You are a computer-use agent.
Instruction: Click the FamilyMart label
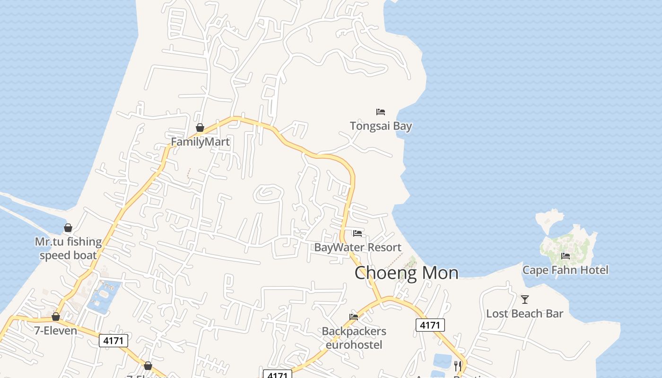pos(200,142)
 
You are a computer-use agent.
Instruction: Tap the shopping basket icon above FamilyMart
pos(200,128)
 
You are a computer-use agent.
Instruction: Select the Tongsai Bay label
pos(381,126)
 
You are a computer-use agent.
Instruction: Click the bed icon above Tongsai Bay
pos(381,112)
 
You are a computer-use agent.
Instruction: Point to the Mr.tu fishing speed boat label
pos(68,249)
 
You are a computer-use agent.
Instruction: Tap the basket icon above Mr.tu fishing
pos(68,228)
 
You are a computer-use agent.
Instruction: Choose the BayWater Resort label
pos(357,247)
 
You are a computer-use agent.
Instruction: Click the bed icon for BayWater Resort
pos(357,233)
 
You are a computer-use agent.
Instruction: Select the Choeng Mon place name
pos(406,273)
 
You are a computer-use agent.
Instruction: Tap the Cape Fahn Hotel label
pos(565,270)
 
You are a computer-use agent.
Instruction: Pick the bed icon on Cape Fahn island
pos(565,256)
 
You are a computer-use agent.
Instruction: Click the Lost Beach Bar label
pos(524,313)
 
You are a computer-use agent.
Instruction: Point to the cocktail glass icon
pos(524,299)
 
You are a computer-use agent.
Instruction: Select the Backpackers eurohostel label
pos(354,338)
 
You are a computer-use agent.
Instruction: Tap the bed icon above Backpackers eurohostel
pos(354,317)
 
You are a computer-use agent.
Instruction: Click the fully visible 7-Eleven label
pos(56,330)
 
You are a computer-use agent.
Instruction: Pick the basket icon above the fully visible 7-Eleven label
pos(56,317)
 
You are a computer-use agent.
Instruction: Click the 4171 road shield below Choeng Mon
pos(430,325)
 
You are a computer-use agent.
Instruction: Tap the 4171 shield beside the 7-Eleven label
pos(113,340)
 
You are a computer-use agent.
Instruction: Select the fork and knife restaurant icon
pos(457,366)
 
